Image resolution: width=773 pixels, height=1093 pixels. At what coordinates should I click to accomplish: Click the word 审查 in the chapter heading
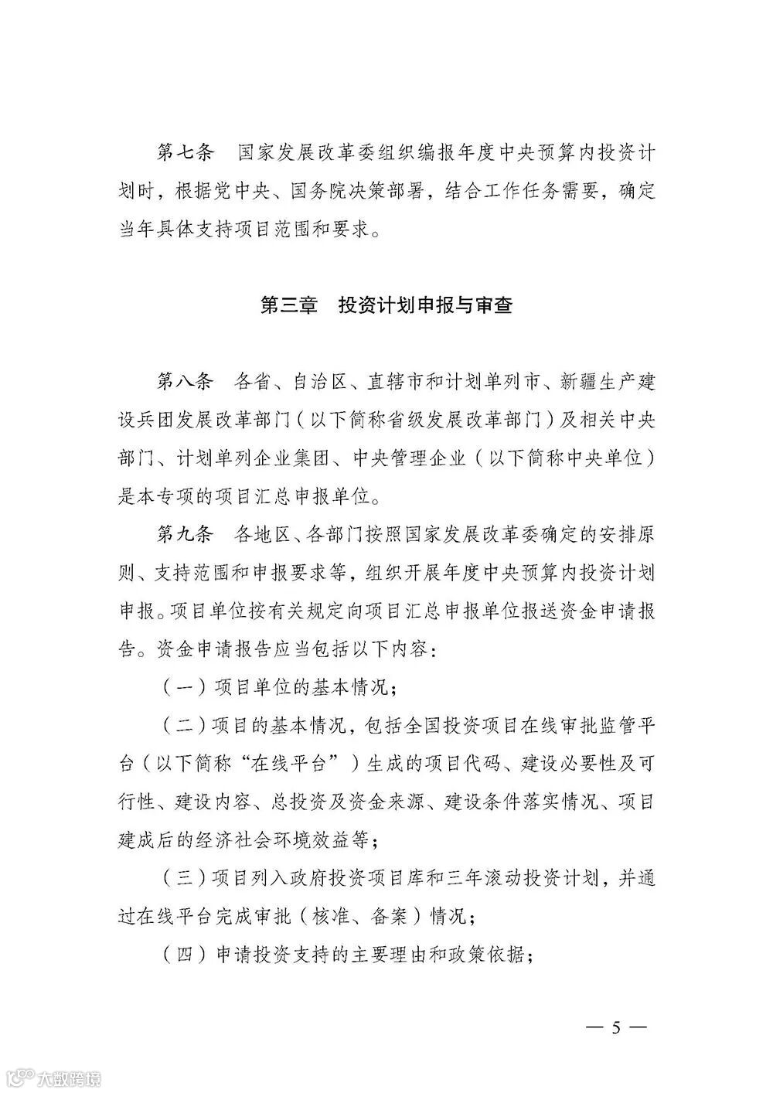(492, 305)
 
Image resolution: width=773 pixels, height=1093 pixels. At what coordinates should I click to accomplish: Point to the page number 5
(616, 1028)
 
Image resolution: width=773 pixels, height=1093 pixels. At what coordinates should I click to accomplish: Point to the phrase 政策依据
(495, 955)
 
